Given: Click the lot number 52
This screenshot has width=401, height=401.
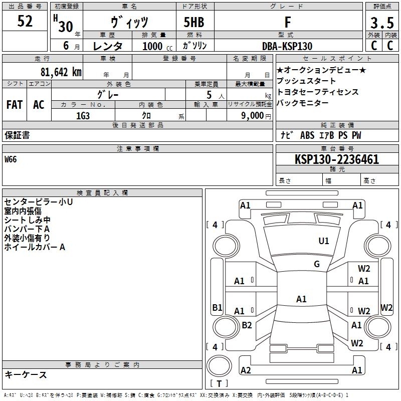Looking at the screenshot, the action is pos(25,21).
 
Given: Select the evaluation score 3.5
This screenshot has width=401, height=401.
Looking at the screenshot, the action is pos(382,23).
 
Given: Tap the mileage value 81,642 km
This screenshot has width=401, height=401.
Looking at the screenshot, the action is pos(61,72).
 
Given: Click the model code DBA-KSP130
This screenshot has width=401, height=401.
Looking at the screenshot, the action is pos(287,46).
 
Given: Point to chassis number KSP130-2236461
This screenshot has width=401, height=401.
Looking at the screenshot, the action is pos(337,159).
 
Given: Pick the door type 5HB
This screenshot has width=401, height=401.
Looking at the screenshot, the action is pos(194,22).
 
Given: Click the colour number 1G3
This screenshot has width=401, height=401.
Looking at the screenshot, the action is pos(83,116).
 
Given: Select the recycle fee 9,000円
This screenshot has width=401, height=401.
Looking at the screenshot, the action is pos(256,116).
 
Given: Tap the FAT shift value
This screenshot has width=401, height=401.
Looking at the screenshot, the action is pos(15,105).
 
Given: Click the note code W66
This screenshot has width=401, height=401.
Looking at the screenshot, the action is pos(11,159).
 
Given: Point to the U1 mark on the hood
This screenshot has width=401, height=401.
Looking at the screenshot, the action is pos(323,241).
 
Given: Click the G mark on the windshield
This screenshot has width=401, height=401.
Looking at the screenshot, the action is pos(317,264).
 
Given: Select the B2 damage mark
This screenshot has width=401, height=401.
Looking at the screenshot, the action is pos(247,325).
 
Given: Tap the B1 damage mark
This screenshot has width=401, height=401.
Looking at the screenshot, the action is pos(217,307).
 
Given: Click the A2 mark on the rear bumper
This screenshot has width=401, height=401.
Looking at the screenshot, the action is pos(246,370).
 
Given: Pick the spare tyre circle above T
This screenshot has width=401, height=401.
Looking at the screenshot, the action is pos(219,366).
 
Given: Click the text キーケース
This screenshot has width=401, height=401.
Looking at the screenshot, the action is pos(26,374).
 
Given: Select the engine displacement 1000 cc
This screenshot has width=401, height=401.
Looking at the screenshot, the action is pos(157,46).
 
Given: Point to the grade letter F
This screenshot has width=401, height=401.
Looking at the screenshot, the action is pos(288,22).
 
